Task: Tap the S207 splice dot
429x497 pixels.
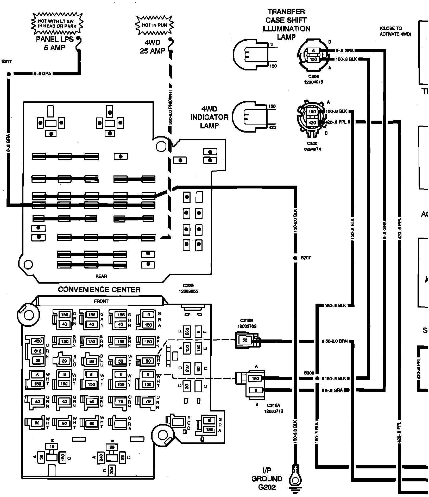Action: pos(295,258)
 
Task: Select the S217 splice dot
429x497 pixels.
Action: pos(9,74)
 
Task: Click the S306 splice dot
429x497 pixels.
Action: pos(317,378)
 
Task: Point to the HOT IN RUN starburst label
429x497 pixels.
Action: pos(154,25)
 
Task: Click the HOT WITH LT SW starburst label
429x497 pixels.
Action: pos(57,24)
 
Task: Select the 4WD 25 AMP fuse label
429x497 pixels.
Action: pos(153,47)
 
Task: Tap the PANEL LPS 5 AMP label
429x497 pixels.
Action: pos(55,43)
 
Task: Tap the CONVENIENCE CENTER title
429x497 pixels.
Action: pos(99,290)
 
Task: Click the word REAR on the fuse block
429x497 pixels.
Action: pos(101,276)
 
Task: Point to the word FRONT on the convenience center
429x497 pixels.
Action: pos(101,301)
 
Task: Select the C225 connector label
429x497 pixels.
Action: pos(188,289)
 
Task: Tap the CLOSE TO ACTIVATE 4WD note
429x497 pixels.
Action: pos(395,31)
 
